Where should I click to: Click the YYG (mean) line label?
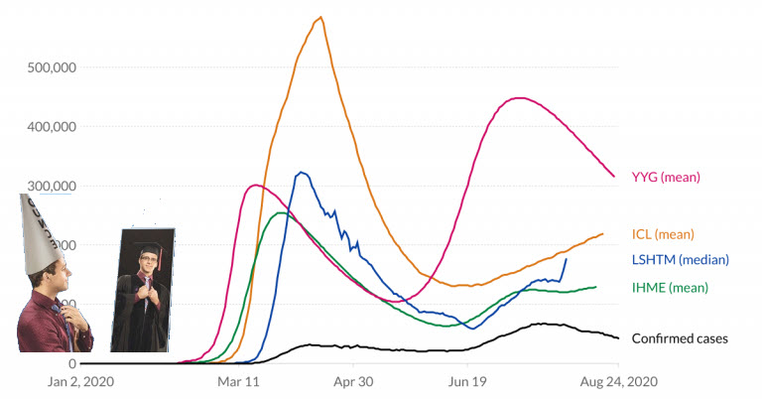coord(666,178)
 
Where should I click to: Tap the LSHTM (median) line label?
coord(680,260)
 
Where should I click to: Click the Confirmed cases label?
coord(680,339)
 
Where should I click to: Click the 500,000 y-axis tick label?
coord(78,67)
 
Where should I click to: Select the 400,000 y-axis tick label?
coord(78,127)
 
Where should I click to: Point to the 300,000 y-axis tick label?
coord(78,186)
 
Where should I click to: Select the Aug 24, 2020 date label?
coord(617,381)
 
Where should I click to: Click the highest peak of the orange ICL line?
coord(320,17)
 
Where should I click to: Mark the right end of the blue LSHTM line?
coord(567,259)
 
